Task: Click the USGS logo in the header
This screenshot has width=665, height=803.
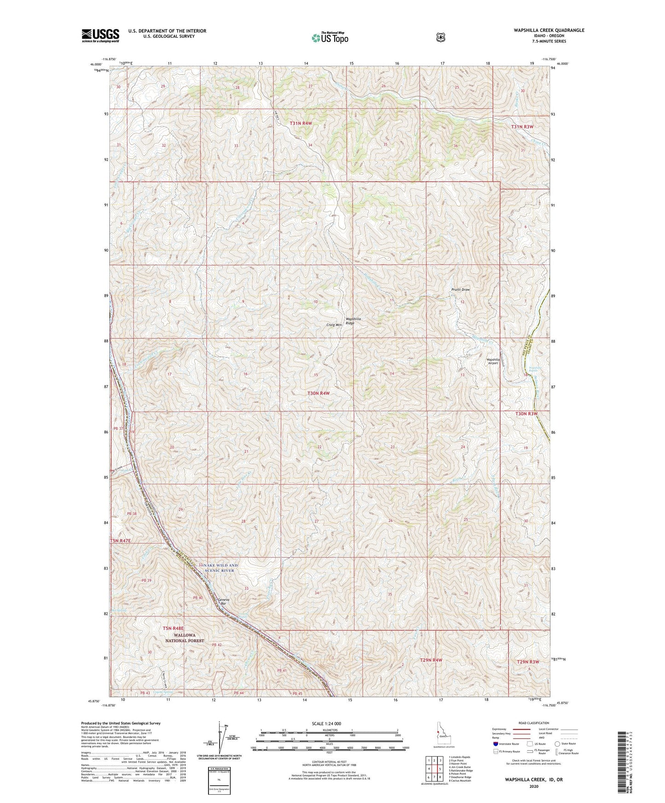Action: [100, 35]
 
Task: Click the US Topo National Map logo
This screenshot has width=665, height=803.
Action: [329, 38]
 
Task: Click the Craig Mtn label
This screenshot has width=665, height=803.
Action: [334, 325]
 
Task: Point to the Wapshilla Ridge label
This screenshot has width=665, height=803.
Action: [353, 321]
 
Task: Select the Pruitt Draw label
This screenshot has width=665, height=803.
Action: [460, 290]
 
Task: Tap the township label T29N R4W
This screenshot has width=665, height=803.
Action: [431, 660]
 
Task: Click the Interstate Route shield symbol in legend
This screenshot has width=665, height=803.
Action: [495, 743]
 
